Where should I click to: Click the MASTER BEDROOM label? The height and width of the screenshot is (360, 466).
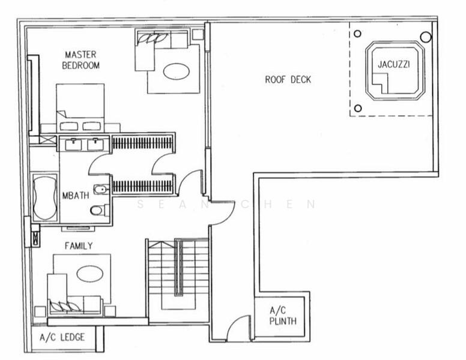point(80,60)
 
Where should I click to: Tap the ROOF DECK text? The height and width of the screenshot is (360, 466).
point(288,80)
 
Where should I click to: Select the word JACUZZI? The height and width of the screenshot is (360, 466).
point(393,64)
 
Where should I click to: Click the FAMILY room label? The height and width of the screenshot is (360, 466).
point(79,245)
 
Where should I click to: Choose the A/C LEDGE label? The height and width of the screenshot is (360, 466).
point(62,337)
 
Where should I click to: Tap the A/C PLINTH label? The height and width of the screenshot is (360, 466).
point(282,316)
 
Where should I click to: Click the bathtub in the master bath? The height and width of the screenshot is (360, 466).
point(44,197)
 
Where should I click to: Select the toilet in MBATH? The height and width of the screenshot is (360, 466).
point(98,210)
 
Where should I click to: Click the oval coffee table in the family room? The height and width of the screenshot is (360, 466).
point(89,274)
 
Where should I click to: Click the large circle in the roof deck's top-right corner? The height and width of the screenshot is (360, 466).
point(426,37)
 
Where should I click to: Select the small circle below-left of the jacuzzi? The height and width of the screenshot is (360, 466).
point(358,108)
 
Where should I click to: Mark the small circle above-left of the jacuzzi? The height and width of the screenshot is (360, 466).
point(358,34)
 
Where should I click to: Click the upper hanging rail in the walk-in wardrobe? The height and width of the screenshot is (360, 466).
point(143,142)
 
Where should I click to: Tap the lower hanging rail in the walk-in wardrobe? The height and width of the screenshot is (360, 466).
point(143,187)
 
